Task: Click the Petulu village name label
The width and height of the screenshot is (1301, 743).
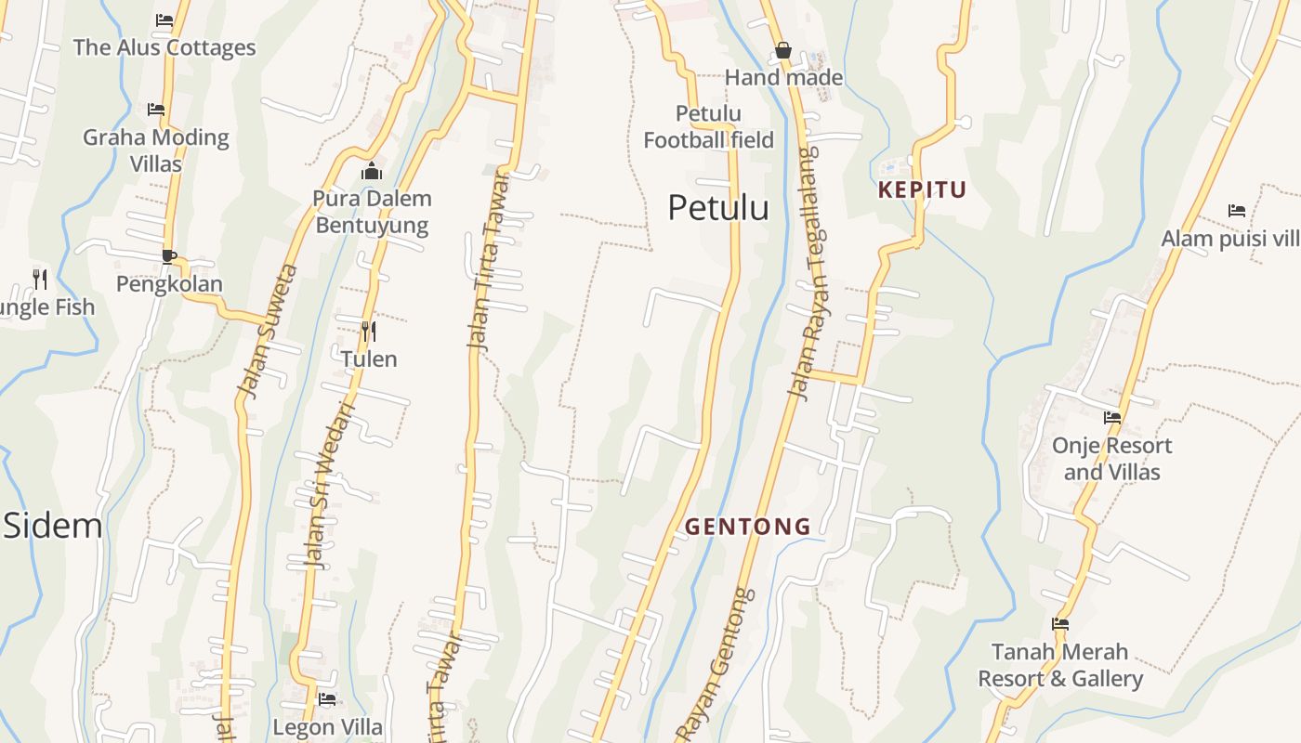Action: point(718,208)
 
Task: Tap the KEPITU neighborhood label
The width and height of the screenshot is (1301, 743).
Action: point(922,190)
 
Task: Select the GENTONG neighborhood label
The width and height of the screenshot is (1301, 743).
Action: point(748,527)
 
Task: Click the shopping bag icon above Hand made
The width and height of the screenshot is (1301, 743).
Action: point(783,50)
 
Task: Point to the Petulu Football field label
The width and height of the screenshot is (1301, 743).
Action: point(708,127)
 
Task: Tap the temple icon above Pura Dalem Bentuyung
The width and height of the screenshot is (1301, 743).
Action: point(372,171)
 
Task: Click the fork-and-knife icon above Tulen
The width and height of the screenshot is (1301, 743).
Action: point(369,331)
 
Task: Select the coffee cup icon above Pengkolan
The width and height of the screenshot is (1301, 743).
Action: point(168,255)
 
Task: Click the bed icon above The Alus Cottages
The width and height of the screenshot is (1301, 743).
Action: point(164,20)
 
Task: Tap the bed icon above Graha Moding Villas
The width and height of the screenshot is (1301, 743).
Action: point(156,110)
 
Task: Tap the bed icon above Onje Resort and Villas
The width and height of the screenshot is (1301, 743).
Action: point(1111,417)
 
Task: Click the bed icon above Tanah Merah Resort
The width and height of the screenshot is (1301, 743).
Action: point(1059,623)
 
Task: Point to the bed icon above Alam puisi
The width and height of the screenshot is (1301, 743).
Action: point(1236,210)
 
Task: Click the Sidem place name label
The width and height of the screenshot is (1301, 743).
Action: point(52,526)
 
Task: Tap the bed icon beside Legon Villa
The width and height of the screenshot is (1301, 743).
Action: point(327,698)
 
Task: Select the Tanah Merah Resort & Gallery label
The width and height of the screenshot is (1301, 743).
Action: point(1059,665)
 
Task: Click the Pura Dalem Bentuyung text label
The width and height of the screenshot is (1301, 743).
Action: point(372,212)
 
